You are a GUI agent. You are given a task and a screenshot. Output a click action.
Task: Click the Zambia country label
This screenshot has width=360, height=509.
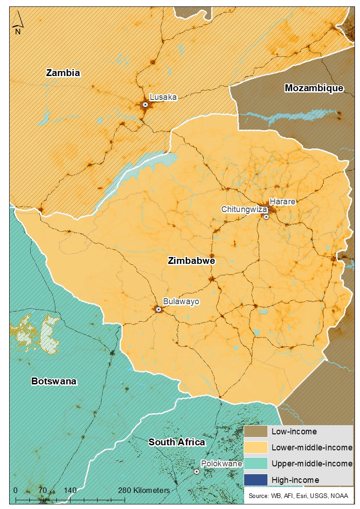tap(63, 72)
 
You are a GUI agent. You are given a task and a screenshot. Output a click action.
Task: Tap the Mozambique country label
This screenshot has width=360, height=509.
tap(314, 88)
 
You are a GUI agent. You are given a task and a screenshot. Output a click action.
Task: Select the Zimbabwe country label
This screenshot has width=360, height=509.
tap(191, 261)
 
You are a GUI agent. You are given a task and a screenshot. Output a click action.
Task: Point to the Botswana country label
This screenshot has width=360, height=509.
tap(54, 382)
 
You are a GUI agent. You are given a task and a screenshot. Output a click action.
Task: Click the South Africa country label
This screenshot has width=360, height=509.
tap(176, 442)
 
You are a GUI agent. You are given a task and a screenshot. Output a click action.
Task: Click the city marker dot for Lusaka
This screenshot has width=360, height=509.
tap(145, 104)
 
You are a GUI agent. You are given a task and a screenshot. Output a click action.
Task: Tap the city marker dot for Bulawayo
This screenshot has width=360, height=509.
tap(158, 309)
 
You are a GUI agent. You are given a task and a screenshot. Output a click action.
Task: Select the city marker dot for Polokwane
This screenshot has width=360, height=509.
tap(196, 471)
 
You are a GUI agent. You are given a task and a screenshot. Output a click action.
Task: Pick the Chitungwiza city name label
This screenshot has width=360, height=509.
tap(244, 209)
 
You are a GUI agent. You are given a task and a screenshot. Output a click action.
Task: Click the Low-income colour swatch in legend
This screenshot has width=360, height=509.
tap(256, 432)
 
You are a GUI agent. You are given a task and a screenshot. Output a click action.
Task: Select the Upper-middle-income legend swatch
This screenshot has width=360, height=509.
tap(256, 464)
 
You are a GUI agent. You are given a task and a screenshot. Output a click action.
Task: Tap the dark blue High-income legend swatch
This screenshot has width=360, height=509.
tap(256, 480)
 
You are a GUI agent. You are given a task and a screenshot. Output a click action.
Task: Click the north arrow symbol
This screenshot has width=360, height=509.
tap(17, 23)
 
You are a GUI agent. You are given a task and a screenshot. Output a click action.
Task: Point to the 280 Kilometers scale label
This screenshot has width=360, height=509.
tap(144, 490)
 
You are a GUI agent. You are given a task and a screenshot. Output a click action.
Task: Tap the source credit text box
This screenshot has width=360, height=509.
tap(298, 496)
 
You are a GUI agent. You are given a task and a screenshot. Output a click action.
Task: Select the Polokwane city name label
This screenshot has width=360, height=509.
tap(222, 464)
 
